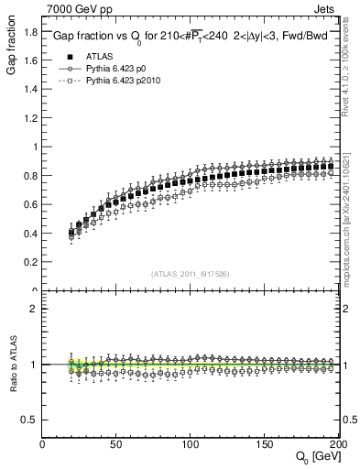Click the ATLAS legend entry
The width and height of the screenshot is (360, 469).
point(88,56)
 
